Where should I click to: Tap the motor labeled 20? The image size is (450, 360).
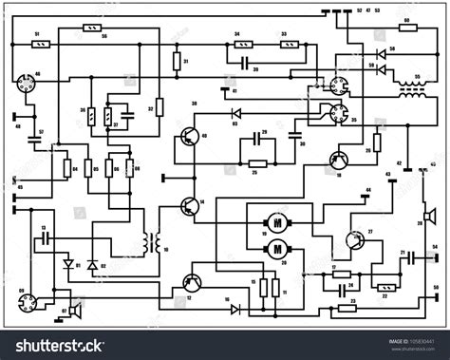pos(279,249)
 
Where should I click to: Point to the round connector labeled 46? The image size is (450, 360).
pos(26,84)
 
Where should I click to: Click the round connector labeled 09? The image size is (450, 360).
pos(25,302)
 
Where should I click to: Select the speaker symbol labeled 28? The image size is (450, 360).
pos(428,213)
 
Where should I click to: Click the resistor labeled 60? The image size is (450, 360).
pos(405,28)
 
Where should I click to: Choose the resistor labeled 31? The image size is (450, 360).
pos(177,63)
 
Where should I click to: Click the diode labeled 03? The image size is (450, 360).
pos(237,114)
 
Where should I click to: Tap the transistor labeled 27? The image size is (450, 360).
pos(354,241)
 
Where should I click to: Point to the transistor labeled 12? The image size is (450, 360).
pos(192,283)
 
